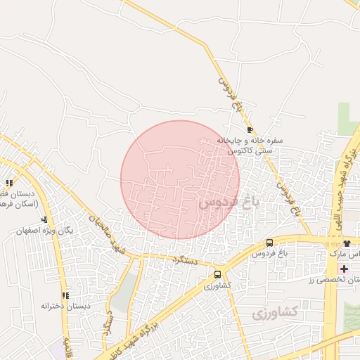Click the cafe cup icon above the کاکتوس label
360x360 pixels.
[x=250, y=130]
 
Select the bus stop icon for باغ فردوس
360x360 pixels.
[x=269, y=243]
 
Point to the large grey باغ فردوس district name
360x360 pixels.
[x=229, y=202]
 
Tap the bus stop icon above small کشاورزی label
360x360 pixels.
[x=217, y=275]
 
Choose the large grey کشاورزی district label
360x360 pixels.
[x=275, y=311]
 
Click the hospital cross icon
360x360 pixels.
[x=344, y=269]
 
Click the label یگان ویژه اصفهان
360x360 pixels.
[x=48, y=231]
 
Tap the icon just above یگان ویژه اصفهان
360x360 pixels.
[x=45, y=220]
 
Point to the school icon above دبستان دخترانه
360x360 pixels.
[x=65, y=296]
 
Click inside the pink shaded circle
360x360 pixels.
[x=180, y=179]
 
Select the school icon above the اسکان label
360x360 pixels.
[x=9, y=184]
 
